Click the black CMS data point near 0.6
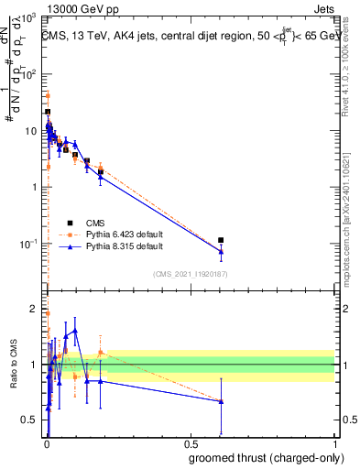tap(221, 240)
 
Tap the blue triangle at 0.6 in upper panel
tap(221, 251)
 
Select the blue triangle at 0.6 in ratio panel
tap(221, 401)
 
